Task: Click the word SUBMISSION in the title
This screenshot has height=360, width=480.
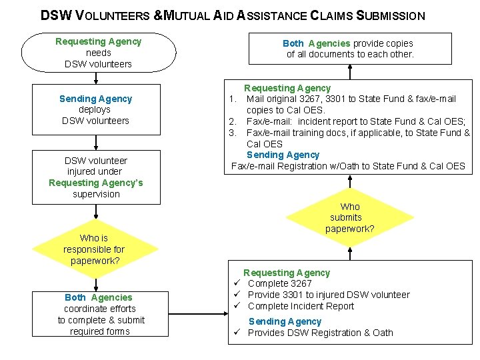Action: coord(391,15)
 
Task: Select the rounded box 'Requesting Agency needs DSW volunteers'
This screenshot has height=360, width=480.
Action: coord(99,53)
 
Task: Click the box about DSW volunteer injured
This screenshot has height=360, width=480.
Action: coord(95,177)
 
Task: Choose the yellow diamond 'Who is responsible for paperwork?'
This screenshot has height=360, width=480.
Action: coord(94,249)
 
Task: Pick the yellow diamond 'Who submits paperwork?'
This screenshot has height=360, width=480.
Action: coord(349,218)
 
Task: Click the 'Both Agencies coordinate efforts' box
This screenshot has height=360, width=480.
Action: coord(98,314)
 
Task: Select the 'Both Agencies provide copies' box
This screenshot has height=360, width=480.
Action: coord(350,49)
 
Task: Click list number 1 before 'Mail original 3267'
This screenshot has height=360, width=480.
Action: coord(233,99)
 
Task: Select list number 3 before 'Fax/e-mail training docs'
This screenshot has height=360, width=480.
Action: coord(233,133)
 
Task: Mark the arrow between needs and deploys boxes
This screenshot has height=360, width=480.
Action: coord(97,77)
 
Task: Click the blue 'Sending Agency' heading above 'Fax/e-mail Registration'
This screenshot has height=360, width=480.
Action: coord(283,155)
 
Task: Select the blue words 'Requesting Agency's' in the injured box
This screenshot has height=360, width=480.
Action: coord(95,183)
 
